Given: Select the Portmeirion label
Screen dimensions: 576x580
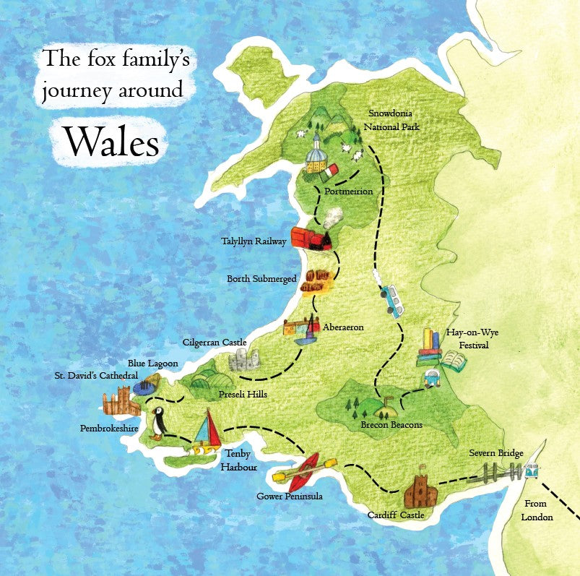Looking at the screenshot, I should coord(348,192).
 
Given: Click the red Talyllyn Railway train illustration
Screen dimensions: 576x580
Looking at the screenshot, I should coord(311,238).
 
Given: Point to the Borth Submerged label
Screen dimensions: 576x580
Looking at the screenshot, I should coord(261,278).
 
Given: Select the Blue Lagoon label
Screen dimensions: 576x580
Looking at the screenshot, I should coord(152,364).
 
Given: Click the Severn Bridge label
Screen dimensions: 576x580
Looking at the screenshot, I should coord(495,453).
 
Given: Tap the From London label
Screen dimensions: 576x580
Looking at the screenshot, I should coord(537,511).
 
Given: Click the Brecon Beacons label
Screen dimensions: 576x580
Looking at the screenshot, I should coord(391,425).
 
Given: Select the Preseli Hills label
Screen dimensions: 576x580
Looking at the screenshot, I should coord(243,395).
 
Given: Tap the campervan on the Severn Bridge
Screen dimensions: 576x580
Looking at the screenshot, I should coord(532,470).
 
